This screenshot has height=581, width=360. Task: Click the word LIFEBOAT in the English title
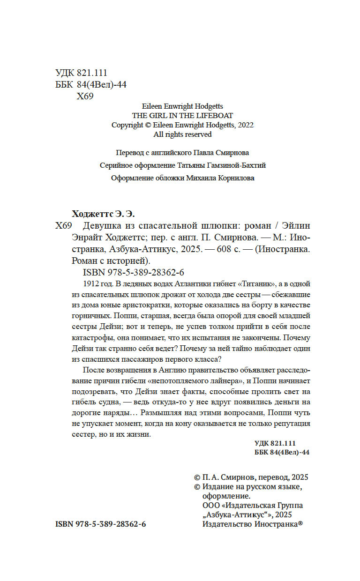click(216, 116)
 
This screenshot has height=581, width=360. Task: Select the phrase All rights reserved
click(183, 134)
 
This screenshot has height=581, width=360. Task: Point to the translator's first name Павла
click(205, 153)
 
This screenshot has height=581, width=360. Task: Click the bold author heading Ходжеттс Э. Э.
click(98, 214)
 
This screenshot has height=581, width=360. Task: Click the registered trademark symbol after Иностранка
click(300, 524)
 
